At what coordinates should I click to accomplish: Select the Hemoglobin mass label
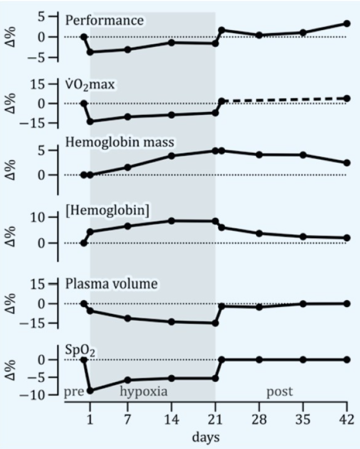pyautogui.click(x=120, y=142)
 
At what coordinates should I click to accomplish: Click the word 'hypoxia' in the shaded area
pyautogui.click(x=144, y=391)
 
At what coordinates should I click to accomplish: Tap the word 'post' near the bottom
pyautogui.click(x=279, y=391)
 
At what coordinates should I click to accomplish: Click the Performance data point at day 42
pyautogui.click(x=347, y=24)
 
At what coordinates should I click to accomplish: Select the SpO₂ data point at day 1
pyautogui.click(x=90, y=390)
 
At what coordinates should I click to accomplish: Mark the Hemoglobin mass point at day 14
pyautogui.click(x=171, y=156)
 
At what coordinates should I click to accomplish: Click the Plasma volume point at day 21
pyautogui.click(x=215, y=323)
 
